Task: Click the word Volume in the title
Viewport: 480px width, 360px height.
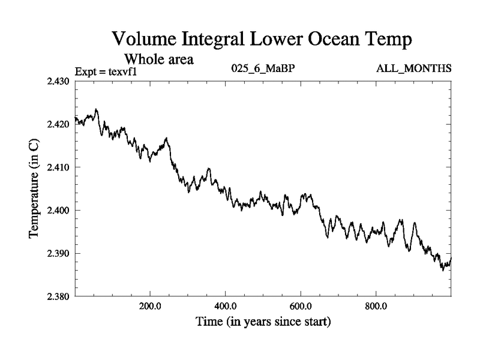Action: point(144,40)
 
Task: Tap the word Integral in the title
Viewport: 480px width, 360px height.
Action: point(215,41)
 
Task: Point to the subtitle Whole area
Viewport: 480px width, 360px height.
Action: point(159,59)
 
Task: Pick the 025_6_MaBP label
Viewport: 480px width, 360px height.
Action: point(263,69)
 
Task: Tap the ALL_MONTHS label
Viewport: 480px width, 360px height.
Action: point(414,69)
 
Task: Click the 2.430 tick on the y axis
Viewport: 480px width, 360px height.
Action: point(59,81)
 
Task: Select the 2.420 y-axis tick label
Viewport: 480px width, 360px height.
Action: point(59,124)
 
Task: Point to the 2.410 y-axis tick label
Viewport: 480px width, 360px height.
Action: point(59,167)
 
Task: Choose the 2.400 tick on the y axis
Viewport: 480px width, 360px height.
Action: point(59,211)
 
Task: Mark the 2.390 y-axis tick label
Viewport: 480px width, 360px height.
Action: point(59,254)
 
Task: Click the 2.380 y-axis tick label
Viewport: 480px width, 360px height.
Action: point(59,296)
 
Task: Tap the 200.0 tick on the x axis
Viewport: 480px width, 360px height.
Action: point(149,305)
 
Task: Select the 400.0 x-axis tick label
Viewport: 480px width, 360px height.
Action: point(225,305)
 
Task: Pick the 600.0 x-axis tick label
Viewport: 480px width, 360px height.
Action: point(301,305)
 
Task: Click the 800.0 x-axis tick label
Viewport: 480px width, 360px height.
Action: point(376,305)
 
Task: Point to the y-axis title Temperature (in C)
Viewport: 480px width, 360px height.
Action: point(34,188)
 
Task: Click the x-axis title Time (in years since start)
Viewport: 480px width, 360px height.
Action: point(263,322)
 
